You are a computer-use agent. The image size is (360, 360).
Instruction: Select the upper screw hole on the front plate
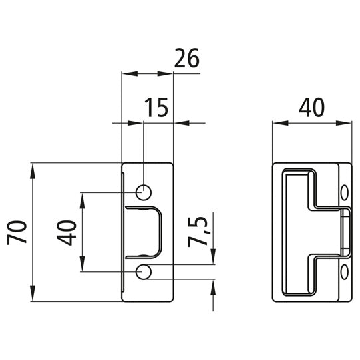click(x=143, y=192)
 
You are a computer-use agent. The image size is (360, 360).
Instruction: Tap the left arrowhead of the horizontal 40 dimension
click(x=279, y=122)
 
